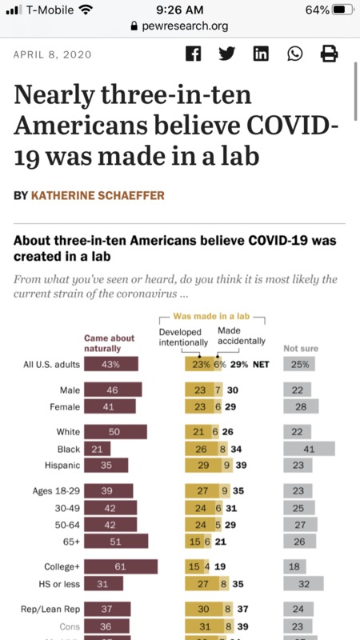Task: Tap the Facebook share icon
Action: [193, 54]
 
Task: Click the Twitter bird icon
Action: [226, 54]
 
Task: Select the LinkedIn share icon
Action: [261, 54]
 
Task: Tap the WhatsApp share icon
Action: [295, 54]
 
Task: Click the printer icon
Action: [329, 54]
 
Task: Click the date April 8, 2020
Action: [53, 54]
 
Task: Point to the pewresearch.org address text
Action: [186, 26]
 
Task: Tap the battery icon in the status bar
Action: [341, 10]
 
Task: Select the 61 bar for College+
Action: [121, 566]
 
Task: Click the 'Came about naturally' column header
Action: [102, 343]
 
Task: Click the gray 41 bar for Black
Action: [309, 449]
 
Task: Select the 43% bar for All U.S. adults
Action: [111, 365]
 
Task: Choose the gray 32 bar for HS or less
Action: [303, 583]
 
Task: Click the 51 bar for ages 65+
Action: [116, 541]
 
